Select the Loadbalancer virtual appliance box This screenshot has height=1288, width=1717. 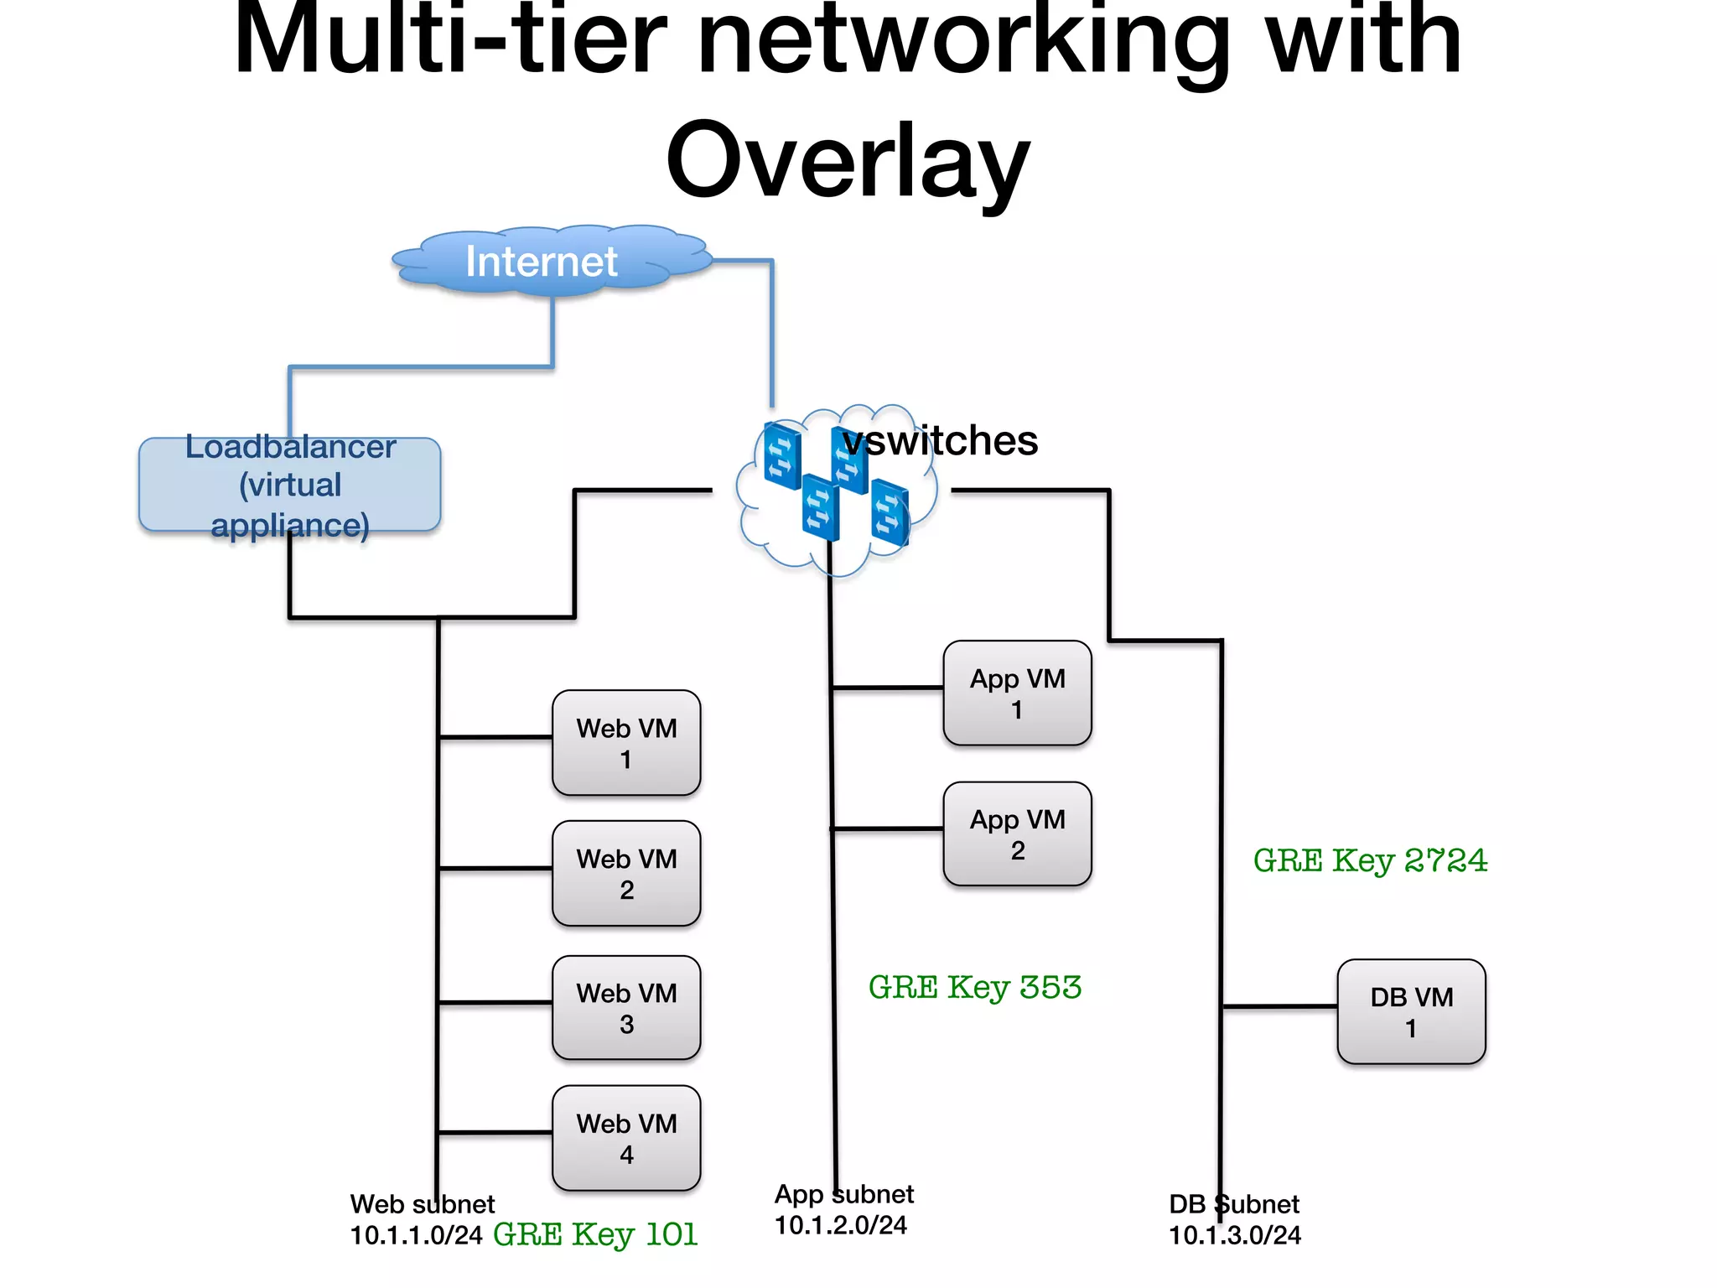(x=289, y=486)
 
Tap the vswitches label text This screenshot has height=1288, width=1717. (x=941, y=441)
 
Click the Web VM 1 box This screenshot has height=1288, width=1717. (x=626, y=743)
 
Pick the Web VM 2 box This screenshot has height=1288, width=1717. (x=626, y=874)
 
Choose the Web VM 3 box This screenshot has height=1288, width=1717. (x=626, y=1008)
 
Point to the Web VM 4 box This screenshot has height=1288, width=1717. (x=626, y=1138)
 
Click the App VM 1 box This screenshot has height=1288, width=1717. (x=1017, y=693)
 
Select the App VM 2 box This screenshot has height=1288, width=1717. (x=1017, y=834)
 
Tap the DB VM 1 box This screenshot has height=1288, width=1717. (x=1411, y=1012)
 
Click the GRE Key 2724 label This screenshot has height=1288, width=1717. (x=1370, y=860)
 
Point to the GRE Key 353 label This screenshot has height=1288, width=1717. (x=974, y=988)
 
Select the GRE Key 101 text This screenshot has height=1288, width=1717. (x=595, y=1235)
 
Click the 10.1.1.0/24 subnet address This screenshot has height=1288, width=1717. (x=416, y=1235)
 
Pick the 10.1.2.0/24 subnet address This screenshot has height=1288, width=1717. (x=840, y=1225)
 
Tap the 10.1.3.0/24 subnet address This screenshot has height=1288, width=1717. (x=1234, y=1235)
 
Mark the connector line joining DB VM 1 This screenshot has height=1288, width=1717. (x=1279, y=1005)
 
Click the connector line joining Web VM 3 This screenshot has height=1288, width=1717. (x=495, y=1002)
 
